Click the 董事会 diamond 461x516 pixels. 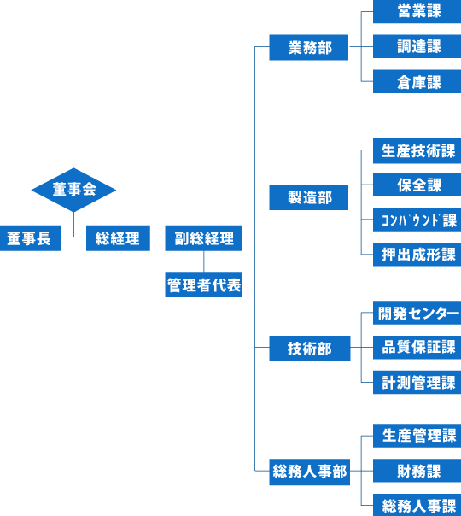(73, 190)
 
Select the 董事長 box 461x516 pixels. (30, 238)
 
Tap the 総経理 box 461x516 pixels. (118, 238)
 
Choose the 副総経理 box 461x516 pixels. (203, 238)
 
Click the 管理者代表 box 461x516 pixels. (203, 284)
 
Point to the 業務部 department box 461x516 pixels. (309, 47)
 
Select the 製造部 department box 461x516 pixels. (309, 197)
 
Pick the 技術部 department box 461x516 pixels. (310, 349)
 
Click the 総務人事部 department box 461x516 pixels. (310, 472)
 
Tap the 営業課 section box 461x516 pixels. (417, 11)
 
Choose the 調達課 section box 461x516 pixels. (417, 46)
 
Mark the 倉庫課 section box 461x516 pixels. (417, 81)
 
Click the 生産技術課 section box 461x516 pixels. (417, 151)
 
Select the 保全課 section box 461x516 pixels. (417, 185)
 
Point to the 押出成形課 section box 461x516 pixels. (417, 255)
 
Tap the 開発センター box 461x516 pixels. (417, 313)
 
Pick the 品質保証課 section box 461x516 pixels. (417, 348)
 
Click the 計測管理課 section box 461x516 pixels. (417, 383)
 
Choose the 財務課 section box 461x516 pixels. (417, 471)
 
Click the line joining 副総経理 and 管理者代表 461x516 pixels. (203, 261)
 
